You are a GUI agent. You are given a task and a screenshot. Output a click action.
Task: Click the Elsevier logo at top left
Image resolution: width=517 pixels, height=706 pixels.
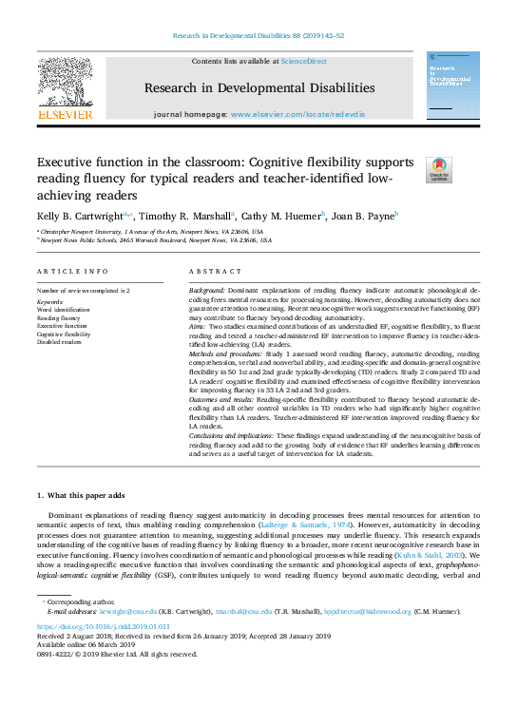click(x=65, y=88)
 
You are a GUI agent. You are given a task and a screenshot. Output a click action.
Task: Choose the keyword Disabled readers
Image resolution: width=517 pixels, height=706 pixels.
click(x=60, y=343)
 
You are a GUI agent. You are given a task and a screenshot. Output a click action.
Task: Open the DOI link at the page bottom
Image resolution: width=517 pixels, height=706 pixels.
click(x=90, y=627)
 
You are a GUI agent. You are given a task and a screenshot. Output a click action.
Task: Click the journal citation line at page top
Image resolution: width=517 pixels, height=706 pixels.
click(x=258, y=35)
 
